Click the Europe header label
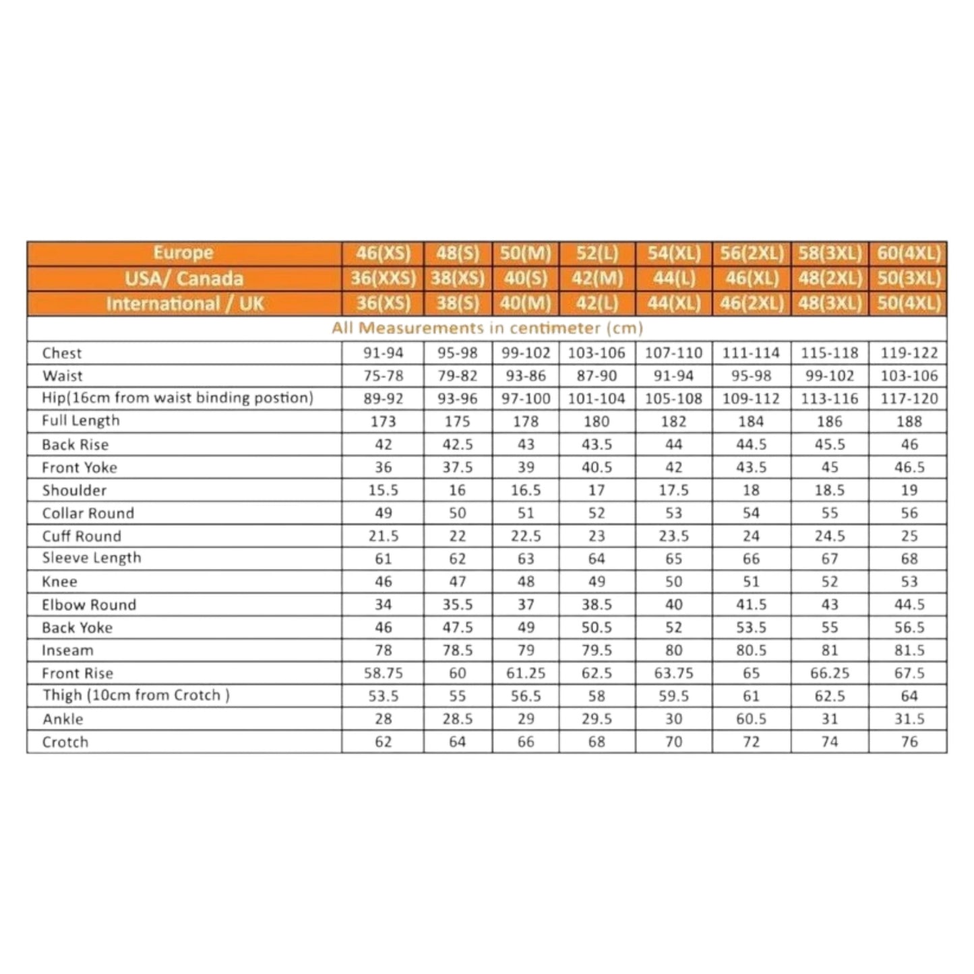pyautogui.click(x=183, y=253)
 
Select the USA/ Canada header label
pyautogui.click(x=183, y=278)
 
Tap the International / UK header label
pyautogui.click(x=185, y=303)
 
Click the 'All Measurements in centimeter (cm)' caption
pyautogui.click(x=487, y=328)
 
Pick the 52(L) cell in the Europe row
pyautogui.click(x=597, y=253)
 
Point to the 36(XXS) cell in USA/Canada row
pyautogui.click(x=383, y=278)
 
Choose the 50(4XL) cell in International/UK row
pyautogui.click(x=908, y=303)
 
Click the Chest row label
pyautogui.click(x=61, y=353)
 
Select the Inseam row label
pyautogui.click(x=67, y=650)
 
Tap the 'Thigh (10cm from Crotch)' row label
pyautogui.click(x=135, y=696)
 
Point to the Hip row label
pyautogui.click(x=177, y=398)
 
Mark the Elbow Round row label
pyautogui.click(x=89, y=605)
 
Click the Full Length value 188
pyautogui.click(x=909, y=421)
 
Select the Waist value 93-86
pyautogui.click(x=526, y=376)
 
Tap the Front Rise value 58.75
pyautogui.click(x=383, y=673)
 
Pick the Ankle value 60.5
pyautogui.click(x=751, y=719)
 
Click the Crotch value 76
pyautogui.click(x=909, y=742)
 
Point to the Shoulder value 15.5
pyautogui.click(x=383, y=491)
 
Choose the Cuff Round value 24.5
pyautogui.click(x=829, y=536)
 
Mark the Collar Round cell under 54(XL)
pyautogui.click(x=673, y=513)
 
